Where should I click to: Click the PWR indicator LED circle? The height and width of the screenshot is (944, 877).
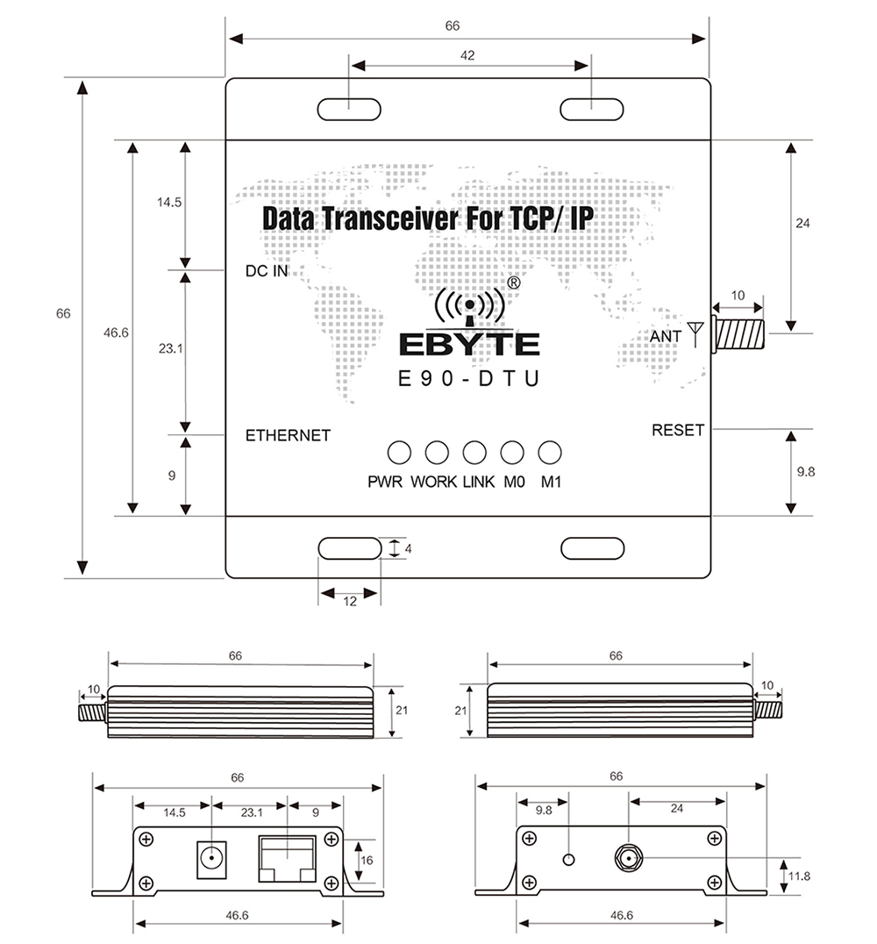tap(399, 453)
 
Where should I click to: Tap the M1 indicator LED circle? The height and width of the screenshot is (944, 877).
tap(550, 453)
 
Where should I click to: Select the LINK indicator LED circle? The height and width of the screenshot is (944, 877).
tap(474, 453)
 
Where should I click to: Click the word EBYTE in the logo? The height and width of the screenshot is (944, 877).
tap(469, 345)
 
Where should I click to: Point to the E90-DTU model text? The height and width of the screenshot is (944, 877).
tap(469, 379)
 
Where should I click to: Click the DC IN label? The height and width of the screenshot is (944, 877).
tap(267, 271)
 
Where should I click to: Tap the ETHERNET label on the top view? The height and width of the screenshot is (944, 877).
tap(288, 435)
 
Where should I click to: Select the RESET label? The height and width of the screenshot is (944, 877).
tap(678, 431)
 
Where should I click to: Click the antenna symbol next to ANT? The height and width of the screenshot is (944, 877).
tap(695, 334)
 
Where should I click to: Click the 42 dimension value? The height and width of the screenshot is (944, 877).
tap(467, 55)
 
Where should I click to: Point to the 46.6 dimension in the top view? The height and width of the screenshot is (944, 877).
tap(116, 333)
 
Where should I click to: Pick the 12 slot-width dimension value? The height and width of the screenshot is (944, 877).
tap(350, 602)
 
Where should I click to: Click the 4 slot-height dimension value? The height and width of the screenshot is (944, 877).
tap(408, 549)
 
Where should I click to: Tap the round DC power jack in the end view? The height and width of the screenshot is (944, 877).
tap(211, 859)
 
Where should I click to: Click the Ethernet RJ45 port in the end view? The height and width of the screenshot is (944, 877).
tap(288, 858)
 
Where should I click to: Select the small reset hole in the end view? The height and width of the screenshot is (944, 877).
tap(568, 859)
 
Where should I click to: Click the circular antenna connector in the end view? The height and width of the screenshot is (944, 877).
tap(629, 857)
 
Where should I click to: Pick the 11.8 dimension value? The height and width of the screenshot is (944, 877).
tap(799, 876)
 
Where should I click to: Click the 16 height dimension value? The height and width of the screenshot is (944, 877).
tap(367, 861)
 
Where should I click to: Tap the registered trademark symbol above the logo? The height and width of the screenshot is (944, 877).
tap(513, 282)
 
